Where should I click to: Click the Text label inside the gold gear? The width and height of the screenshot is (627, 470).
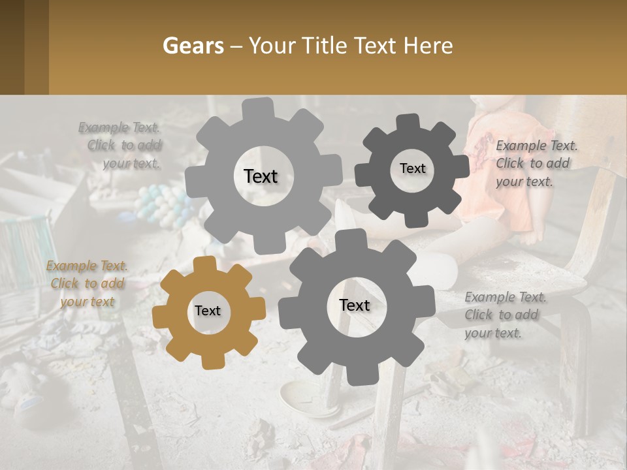pyautogui.click(x=208, y=311)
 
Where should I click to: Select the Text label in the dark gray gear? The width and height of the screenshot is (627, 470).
pyautogui.click(x=412, y=168)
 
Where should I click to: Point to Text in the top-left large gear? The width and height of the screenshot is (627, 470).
pyautogui.click(x=261, y=176)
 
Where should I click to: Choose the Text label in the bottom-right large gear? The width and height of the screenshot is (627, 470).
pyautogui.click(x=355, y=305)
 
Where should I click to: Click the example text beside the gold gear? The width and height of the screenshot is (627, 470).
pyautogui.click(x=87, y=284)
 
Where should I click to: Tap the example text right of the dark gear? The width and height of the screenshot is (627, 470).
pyautogui.click(x=536, y=163)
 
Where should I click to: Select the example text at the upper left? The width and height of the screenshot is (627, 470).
pyautogui.click(x=120, y=146)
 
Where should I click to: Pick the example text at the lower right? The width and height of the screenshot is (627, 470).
pyautogui.click(x=505, y=315)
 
